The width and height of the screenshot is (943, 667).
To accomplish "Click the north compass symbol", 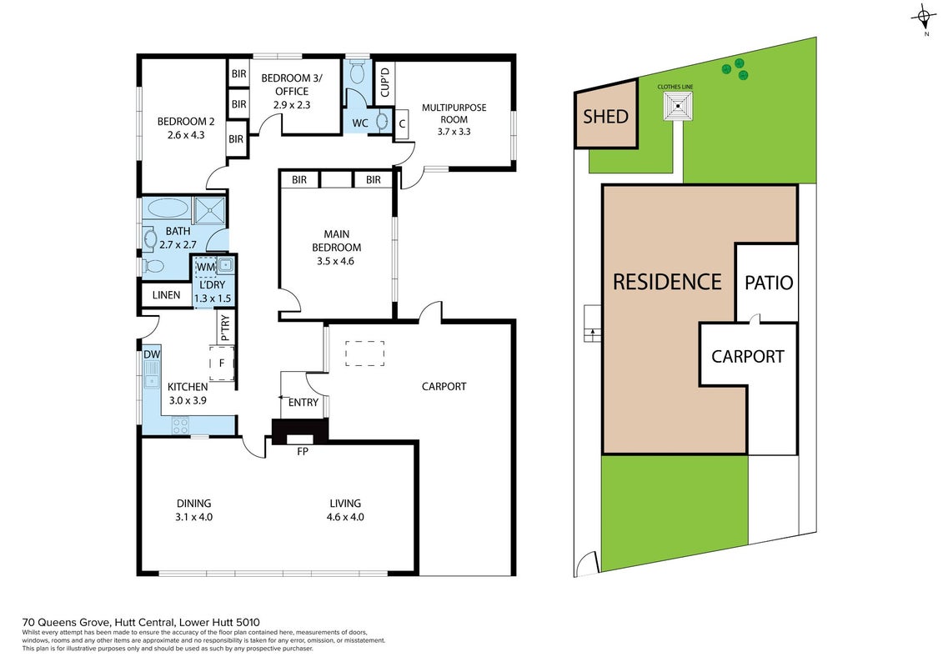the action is point(925,18).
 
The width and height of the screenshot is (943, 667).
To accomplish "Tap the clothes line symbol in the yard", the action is point(679,106).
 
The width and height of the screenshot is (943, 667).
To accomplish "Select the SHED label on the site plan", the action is point(605,116).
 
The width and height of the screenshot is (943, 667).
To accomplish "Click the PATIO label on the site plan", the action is point(769,282).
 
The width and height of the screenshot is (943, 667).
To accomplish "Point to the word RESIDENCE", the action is point(667,282).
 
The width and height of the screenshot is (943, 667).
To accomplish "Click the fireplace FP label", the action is point(303,450).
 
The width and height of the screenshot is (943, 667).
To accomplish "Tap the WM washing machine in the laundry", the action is point(206,267).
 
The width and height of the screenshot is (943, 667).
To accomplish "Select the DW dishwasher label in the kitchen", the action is point(152,354).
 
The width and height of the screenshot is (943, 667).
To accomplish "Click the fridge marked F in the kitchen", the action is point(221,364).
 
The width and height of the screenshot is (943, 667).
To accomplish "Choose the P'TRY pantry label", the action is point(225,328).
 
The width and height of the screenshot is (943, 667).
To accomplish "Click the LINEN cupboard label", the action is point(166,294).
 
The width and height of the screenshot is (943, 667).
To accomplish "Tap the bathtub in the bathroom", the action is point(168,208).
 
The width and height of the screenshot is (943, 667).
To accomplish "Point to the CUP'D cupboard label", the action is point(385,82).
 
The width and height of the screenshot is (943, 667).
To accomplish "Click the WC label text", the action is point(360,123).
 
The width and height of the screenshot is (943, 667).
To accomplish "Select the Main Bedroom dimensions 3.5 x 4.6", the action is point(335,261).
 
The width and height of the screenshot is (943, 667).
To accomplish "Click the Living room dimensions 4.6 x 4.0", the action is point(345,517).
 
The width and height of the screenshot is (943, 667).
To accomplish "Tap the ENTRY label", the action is point(303,403).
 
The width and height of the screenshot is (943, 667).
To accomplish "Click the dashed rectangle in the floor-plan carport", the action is point(364,353).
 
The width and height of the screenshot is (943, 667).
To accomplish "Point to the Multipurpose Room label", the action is point(454,113).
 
